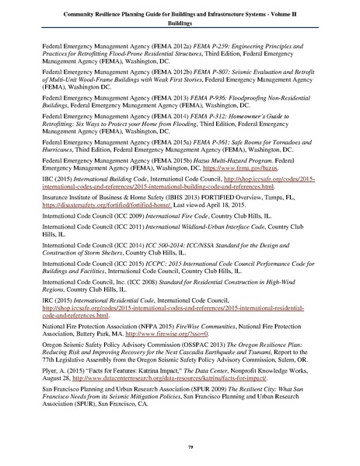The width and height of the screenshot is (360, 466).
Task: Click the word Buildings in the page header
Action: pos(180,23)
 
